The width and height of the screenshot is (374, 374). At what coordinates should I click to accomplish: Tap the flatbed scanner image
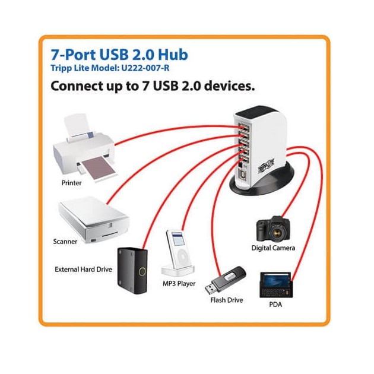(93, 220)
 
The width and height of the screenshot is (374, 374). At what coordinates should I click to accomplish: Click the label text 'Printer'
(71, 183)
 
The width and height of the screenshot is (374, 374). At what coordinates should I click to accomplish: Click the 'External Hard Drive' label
(83, 270)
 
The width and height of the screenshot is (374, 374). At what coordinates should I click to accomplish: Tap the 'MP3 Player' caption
(179, 284)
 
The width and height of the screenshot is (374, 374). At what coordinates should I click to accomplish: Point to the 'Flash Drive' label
(226, 300)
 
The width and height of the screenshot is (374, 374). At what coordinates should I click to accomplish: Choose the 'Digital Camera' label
(273, 248)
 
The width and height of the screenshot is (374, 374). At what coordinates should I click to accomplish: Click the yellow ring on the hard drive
(142, 271)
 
